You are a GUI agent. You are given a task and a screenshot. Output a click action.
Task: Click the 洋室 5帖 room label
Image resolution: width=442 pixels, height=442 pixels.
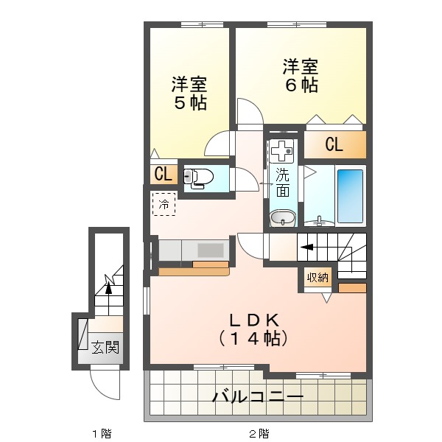(x=189, y=92)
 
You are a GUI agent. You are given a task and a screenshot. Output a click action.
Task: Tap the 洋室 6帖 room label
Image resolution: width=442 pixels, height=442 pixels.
(x=301, y=75)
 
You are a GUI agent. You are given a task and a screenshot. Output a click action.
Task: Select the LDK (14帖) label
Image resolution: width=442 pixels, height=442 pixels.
(x=253, y=329)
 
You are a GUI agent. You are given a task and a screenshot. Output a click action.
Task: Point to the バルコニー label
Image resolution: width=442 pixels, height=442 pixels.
(x=258, y=398)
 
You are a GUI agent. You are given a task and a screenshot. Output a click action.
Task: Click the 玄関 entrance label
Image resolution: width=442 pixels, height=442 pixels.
(x=105, y=346)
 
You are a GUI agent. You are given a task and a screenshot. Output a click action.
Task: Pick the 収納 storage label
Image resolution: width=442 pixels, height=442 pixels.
(x=318, y=277)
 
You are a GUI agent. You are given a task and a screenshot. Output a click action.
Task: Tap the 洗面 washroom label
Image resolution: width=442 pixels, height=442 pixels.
(x=282, y=183)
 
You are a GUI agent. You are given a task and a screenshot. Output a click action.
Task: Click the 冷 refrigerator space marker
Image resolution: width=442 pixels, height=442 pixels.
(x=164, y=204)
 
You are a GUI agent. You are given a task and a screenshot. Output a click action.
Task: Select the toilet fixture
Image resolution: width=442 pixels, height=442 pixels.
(x=200, y=177)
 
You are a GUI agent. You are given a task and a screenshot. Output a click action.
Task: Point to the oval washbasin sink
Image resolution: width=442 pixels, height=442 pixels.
(x=281, y=218)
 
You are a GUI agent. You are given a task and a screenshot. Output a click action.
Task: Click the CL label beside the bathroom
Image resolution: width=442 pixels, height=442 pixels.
(x=334, y=144)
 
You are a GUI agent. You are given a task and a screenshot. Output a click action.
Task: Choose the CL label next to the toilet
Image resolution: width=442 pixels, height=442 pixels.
(x=163, y=175)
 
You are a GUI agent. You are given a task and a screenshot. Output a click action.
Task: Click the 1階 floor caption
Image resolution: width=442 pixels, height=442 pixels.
(x=102, y=432)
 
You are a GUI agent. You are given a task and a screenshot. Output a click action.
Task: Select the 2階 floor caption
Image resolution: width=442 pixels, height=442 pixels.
(x=258, y=432)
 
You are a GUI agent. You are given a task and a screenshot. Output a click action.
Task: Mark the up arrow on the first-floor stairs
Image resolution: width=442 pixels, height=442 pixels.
(x=109, y=286)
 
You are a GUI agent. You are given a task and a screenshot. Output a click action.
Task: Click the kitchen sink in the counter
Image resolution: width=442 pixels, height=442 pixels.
(x=210, y=249)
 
